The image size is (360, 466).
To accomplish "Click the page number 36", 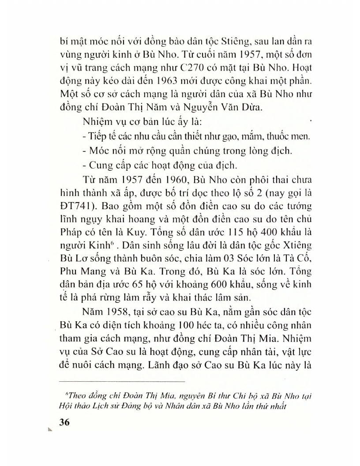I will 64,422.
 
